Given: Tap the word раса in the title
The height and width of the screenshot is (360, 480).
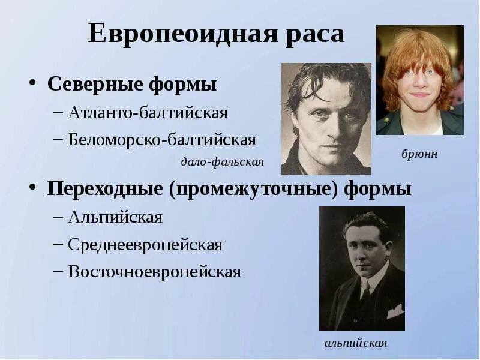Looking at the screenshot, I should click(316, 34).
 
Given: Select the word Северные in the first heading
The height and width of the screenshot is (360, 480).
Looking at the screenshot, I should click(94, 84).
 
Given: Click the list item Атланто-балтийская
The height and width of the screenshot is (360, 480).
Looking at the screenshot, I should click(148, 112).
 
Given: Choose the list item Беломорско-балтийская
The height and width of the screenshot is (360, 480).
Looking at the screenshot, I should click(162, 140).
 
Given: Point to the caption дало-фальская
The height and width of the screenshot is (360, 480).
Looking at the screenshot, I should click(222, 162).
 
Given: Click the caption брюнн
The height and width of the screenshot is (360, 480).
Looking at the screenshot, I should click(419, 154).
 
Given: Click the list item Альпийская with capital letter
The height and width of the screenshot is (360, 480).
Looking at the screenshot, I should click(115, 217).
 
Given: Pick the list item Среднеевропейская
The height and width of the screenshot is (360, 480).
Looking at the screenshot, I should click(145, 245).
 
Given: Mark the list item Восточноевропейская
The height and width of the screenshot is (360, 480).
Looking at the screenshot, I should click(154, 272).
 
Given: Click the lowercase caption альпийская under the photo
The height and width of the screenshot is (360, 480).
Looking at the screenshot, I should click(355, 343).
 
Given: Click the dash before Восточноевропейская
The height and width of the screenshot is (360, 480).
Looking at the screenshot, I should click(58, 272).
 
